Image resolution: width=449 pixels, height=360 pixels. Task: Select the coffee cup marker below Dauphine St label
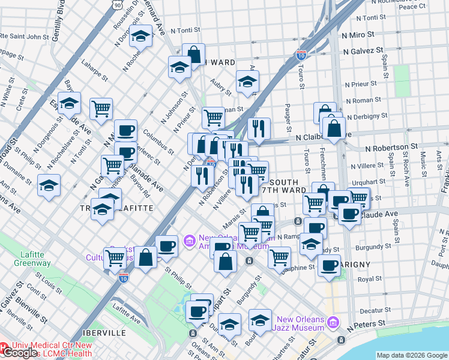[328, 265]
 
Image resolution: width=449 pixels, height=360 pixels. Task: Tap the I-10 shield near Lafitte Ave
[123, 278]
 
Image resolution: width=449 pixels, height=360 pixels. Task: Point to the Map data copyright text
[412, 355]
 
